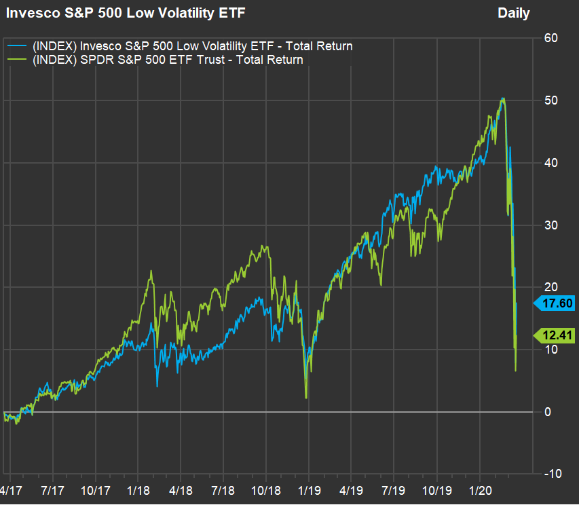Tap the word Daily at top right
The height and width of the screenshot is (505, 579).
(513, 13)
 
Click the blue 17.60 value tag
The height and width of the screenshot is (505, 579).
(557, 303)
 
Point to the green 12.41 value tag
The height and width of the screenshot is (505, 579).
(557, 334)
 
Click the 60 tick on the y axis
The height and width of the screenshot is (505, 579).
(550, 38)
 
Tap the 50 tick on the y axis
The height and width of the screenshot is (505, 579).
(550, 100)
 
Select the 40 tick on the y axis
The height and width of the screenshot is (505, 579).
(550, 163)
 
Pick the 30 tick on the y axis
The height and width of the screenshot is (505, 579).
(550, 225)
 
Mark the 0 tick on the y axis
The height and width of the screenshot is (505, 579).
(548, 412)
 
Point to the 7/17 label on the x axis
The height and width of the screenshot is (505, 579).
(53, 489)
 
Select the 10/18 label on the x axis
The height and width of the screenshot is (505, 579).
(266, 489)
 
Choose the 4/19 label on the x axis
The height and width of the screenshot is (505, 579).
(351, 489)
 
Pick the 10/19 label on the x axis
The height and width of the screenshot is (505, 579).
(437, 489)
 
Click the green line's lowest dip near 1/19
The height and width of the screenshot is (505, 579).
(307, 397)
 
